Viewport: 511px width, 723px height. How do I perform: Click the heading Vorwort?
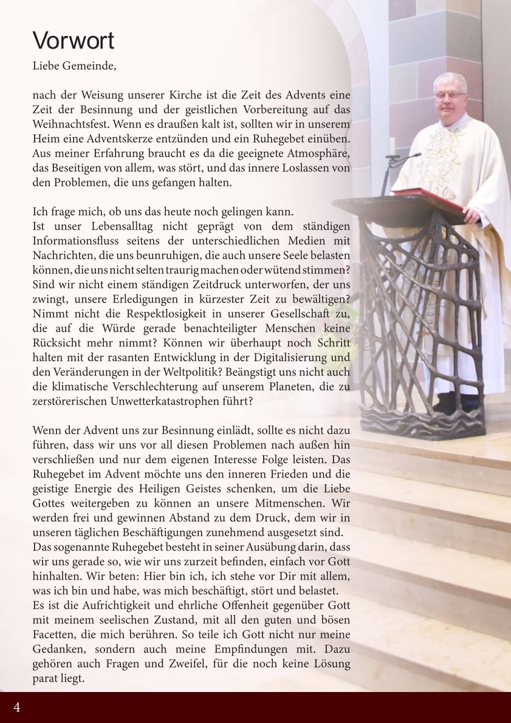tap(73, 41)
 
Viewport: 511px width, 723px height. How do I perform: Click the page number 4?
tap(16, 707)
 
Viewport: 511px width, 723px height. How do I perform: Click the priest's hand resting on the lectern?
tap(471, 214)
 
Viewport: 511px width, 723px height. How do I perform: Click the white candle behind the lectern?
tap(392, 146)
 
